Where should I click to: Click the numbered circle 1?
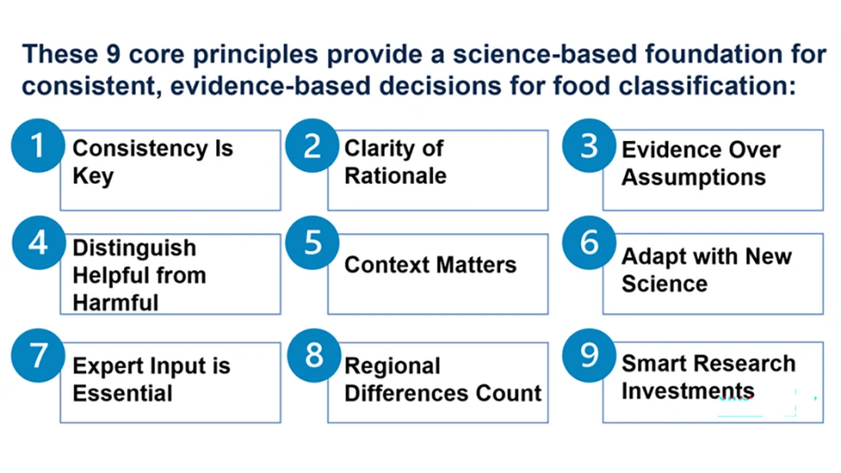(x=36, y=146)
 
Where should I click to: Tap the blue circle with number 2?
(x=312, y=146)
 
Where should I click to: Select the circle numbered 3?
(x=589, y=146)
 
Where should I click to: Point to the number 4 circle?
(x=36, y=242)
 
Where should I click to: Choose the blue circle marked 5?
(x=312, y=242)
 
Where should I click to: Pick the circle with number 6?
(x=589, y=242)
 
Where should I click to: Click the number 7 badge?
(x=36, y=356)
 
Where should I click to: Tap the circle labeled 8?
(x=312, y=356)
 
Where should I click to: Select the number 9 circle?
(x=589, y=356)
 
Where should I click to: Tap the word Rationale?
(x=395, y=176)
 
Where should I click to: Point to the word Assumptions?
(x=693, y=177)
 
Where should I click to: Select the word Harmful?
(x=115, y=303)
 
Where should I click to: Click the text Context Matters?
(x=430, y=264)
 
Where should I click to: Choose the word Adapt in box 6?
(x=652, y=256)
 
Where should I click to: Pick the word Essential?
(x=122, y=393)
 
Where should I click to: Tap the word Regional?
(x=392, y=367)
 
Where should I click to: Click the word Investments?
(x=688, y=391)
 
